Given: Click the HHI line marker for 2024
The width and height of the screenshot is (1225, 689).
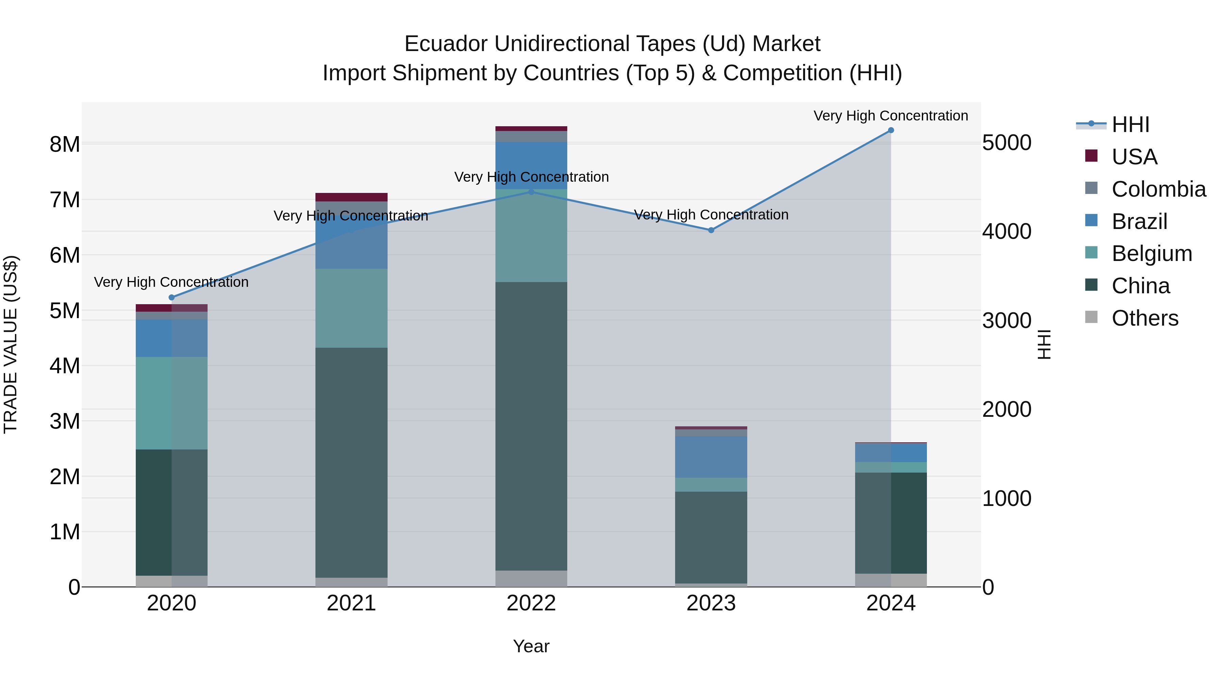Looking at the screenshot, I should (x=891, y=130).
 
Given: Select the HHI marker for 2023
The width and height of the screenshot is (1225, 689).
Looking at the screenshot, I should (x=711, y=230).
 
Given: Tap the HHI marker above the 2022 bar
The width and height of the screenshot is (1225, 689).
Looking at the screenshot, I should (x=531, y=192).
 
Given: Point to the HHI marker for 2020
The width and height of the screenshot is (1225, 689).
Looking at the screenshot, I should (x=172, y=298).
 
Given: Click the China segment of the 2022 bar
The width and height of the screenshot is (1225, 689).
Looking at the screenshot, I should (x=531, y=426).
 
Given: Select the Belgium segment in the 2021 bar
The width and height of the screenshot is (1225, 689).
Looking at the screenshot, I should (x=352, y=308).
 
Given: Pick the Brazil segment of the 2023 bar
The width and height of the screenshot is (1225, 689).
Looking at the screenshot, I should (x=711, y=457).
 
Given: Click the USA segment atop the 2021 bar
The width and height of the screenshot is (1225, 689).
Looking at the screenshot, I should (x=352, y=197).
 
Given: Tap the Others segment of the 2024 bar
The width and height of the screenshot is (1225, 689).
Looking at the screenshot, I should (x=891, y=580).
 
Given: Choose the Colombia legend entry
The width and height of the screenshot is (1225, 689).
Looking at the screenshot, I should (x=1158, y=189).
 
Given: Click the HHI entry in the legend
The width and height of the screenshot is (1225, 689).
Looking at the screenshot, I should (x=1130, y=125).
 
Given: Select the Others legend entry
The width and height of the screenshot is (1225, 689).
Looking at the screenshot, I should (x=1145, y=318).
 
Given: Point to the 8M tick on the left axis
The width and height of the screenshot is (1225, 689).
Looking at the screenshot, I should (x=65, y=144).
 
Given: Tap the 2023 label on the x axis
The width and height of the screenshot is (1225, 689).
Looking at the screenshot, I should (x=711, y=603).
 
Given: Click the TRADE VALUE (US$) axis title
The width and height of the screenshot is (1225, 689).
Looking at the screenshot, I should (x=11, y=344).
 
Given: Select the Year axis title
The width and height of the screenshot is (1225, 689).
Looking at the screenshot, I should (x=531, y=646).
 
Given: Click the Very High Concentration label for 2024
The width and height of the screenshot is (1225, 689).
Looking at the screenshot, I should (x=891, y=116).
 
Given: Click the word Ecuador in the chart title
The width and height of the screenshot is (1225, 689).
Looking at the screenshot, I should (x=445, y=44).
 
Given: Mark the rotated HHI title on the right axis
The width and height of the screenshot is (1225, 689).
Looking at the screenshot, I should (x=1044, y=344).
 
